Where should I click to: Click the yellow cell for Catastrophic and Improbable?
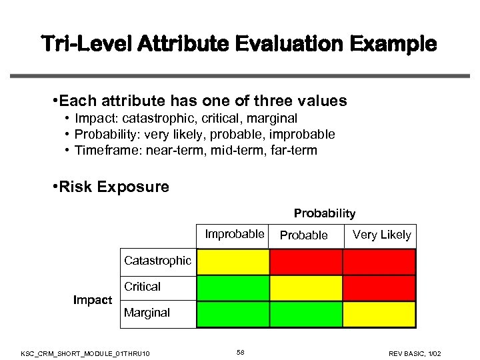click(233, 261)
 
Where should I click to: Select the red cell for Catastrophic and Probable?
click(306, 261)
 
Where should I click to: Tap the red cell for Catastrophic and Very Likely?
click(379, 261)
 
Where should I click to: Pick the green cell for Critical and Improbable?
click(233, 287)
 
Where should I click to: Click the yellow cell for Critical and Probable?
click(306, 287)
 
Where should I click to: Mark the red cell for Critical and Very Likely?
click(379, 287)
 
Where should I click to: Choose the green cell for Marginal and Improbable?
click(233, 314)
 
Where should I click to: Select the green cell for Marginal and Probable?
click(306, 314)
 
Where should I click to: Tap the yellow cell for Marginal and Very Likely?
click(379, 314)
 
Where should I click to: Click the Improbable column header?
click(234, 234)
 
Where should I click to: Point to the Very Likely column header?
click(381, 235)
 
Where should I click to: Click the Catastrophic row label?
click(157, 261)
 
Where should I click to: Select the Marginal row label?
click(147, 313)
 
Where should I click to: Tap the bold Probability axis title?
click(325, 214)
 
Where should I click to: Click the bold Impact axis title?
click(93, 300)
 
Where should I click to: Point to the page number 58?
click(240, 352)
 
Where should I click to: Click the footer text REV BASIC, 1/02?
click(415, 353)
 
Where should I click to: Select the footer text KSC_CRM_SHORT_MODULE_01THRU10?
click(85, 353)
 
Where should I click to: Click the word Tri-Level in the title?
click(89, 45)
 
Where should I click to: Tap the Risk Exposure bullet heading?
click(114, 187)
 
